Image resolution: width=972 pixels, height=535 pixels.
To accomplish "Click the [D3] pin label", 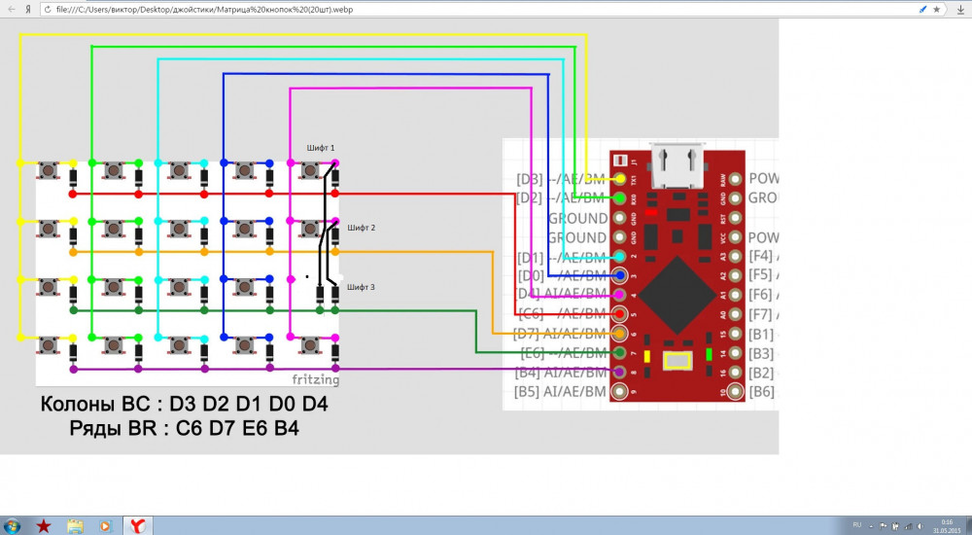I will [530, 179].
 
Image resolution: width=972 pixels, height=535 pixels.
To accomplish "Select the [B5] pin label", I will [530, 392].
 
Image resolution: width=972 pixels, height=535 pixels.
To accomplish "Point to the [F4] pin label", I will [761, 256].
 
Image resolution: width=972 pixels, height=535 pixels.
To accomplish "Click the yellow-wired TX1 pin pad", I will [620, 179].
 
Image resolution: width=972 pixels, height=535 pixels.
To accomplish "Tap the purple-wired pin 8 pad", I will [620, 372].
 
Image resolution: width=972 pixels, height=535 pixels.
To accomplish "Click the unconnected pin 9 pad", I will [620, 392].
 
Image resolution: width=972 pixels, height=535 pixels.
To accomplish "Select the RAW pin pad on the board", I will [736, 179].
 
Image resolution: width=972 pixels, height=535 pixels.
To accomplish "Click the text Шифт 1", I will [321, 148].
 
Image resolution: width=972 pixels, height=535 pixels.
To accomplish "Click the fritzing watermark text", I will [316, 379].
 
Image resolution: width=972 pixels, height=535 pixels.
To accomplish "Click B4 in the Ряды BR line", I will [287, 427].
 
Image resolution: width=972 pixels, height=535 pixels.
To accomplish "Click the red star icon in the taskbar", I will [44, 525].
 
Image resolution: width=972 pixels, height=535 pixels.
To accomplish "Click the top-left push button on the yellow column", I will [48, 171].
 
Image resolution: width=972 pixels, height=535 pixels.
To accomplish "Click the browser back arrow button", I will [10, 8].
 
